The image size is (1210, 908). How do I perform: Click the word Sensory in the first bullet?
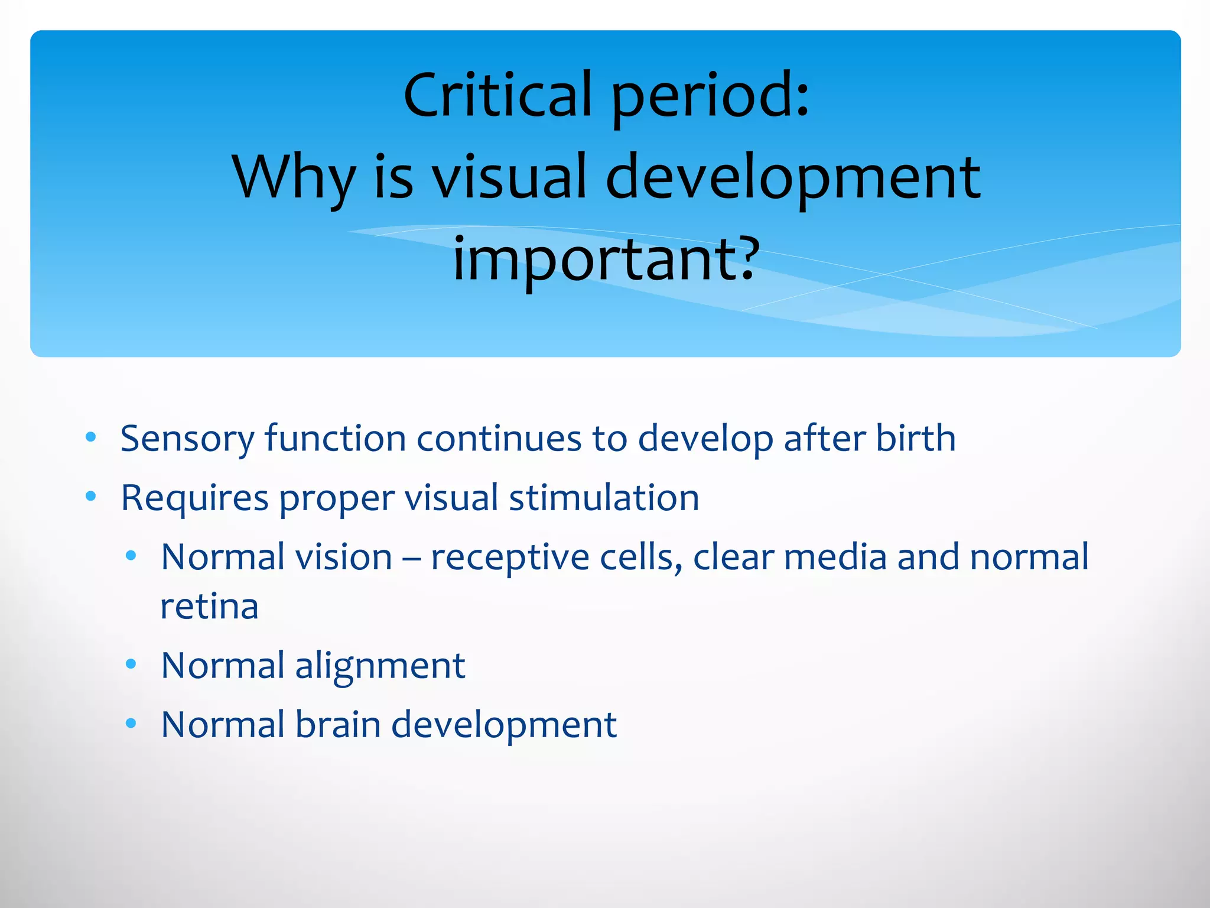(187, 439)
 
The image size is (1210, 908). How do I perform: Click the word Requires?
(194, 498)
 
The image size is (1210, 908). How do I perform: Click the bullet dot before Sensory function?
(90, 437)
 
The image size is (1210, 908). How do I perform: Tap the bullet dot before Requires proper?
(90, 496)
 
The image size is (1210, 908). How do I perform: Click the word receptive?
(509, 558)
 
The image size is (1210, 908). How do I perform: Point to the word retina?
(209, 607)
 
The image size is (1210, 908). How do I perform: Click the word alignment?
(380, 667)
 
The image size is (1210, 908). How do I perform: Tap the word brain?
(337, 725)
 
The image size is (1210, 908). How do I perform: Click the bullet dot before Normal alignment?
(131, 664)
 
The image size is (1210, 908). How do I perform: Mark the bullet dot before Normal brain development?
(131, 722)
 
